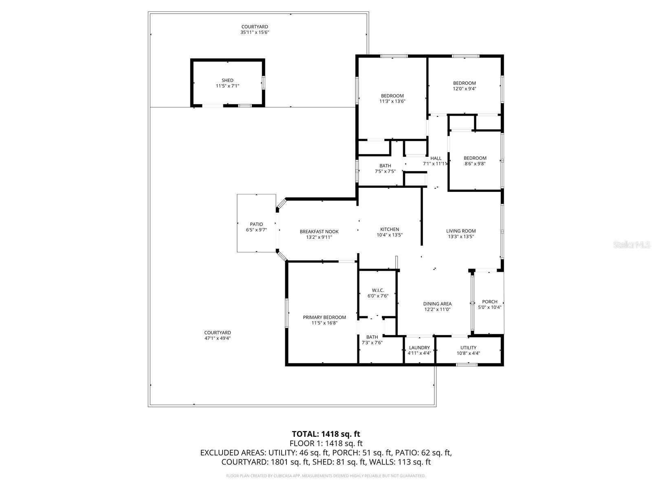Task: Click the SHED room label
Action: point(227,80)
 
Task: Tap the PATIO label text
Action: point(256,224)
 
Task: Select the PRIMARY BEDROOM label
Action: point(324,317)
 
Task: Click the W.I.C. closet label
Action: point(378,290)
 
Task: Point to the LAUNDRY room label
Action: point(419,348)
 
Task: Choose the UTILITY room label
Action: point(468,348)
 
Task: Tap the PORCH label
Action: point(489,302)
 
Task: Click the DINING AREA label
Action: point(437,304)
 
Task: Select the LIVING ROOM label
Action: point(461,231)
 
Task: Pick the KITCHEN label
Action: point(390,229)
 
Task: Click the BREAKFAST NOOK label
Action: point(319,231)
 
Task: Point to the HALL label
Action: point(436,158)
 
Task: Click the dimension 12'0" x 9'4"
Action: point(464,88)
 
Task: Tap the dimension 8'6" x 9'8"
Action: point(475,163)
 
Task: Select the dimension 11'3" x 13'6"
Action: point(392,101)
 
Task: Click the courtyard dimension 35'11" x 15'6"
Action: point(255,32)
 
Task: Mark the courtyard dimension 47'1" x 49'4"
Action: point(218,338)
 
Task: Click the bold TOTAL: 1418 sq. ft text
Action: point(326,434)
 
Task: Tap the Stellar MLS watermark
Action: point(632,244)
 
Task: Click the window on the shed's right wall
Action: point(263,82)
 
